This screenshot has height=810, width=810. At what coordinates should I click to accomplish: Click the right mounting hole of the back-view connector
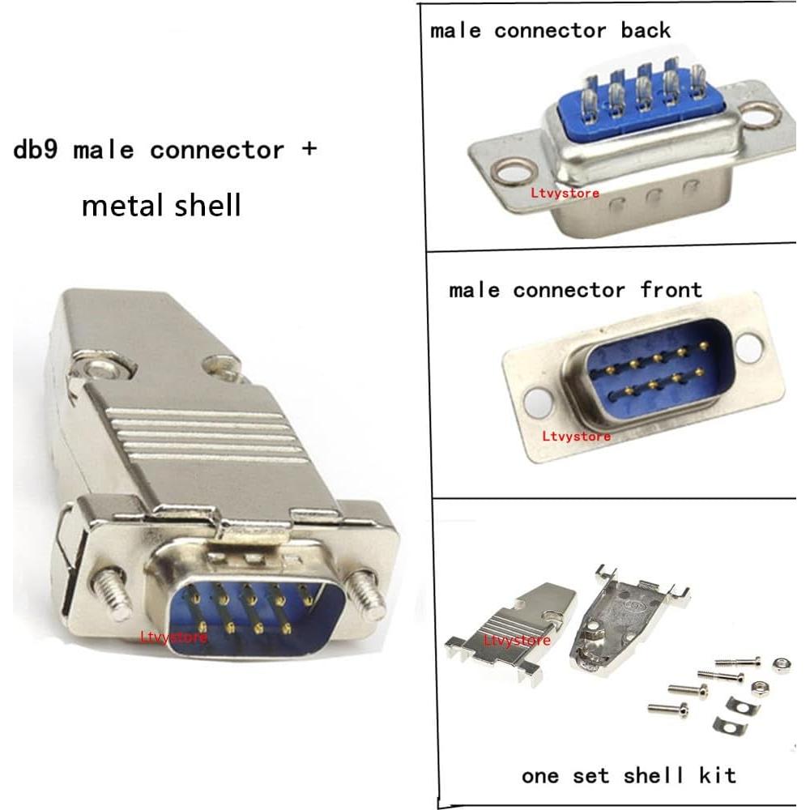pos(760,117)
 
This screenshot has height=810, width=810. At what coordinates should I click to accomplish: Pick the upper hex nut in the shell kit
pos(782,665)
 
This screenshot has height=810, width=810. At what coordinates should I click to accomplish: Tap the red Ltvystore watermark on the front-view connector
pos(576,437)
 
